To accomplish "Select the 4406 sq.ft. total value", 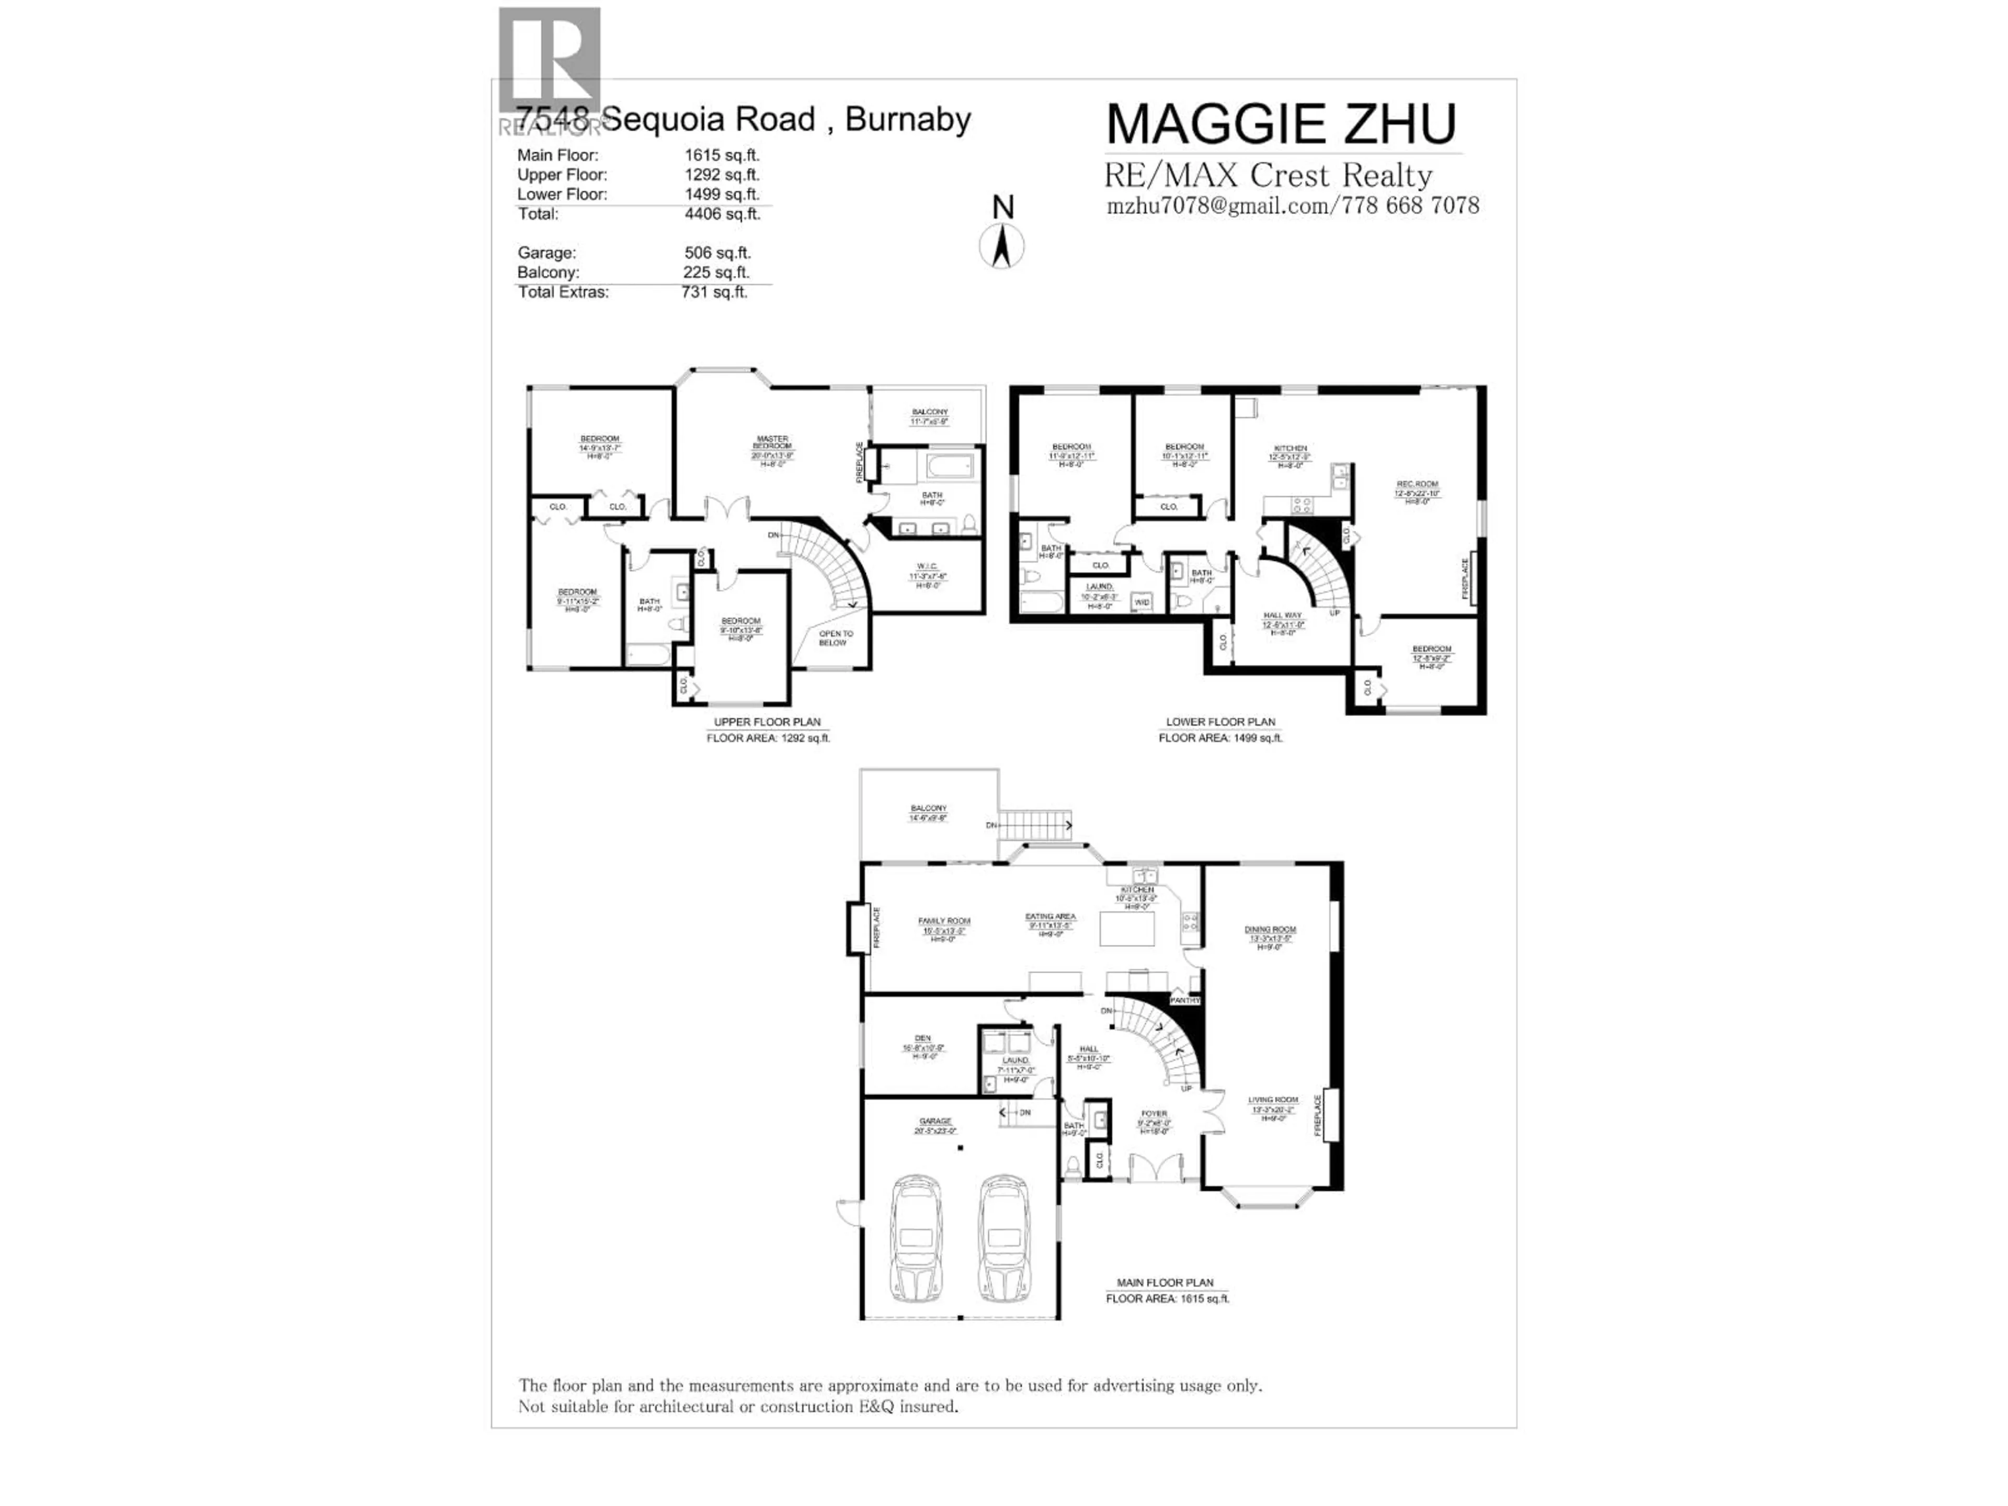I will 722,214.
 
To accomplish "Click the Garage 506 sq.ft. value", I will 717,253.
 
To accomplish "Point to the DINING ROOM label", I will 1270,930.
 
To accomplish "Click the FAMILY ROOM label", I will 944,920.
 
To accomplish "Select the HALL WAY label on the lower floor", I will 1282,615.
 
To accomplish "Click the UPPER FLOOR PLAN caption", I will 767,723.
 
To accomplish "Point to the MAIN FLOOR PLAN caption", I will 1165,1283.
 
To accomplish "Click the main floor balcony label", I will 929,808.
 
